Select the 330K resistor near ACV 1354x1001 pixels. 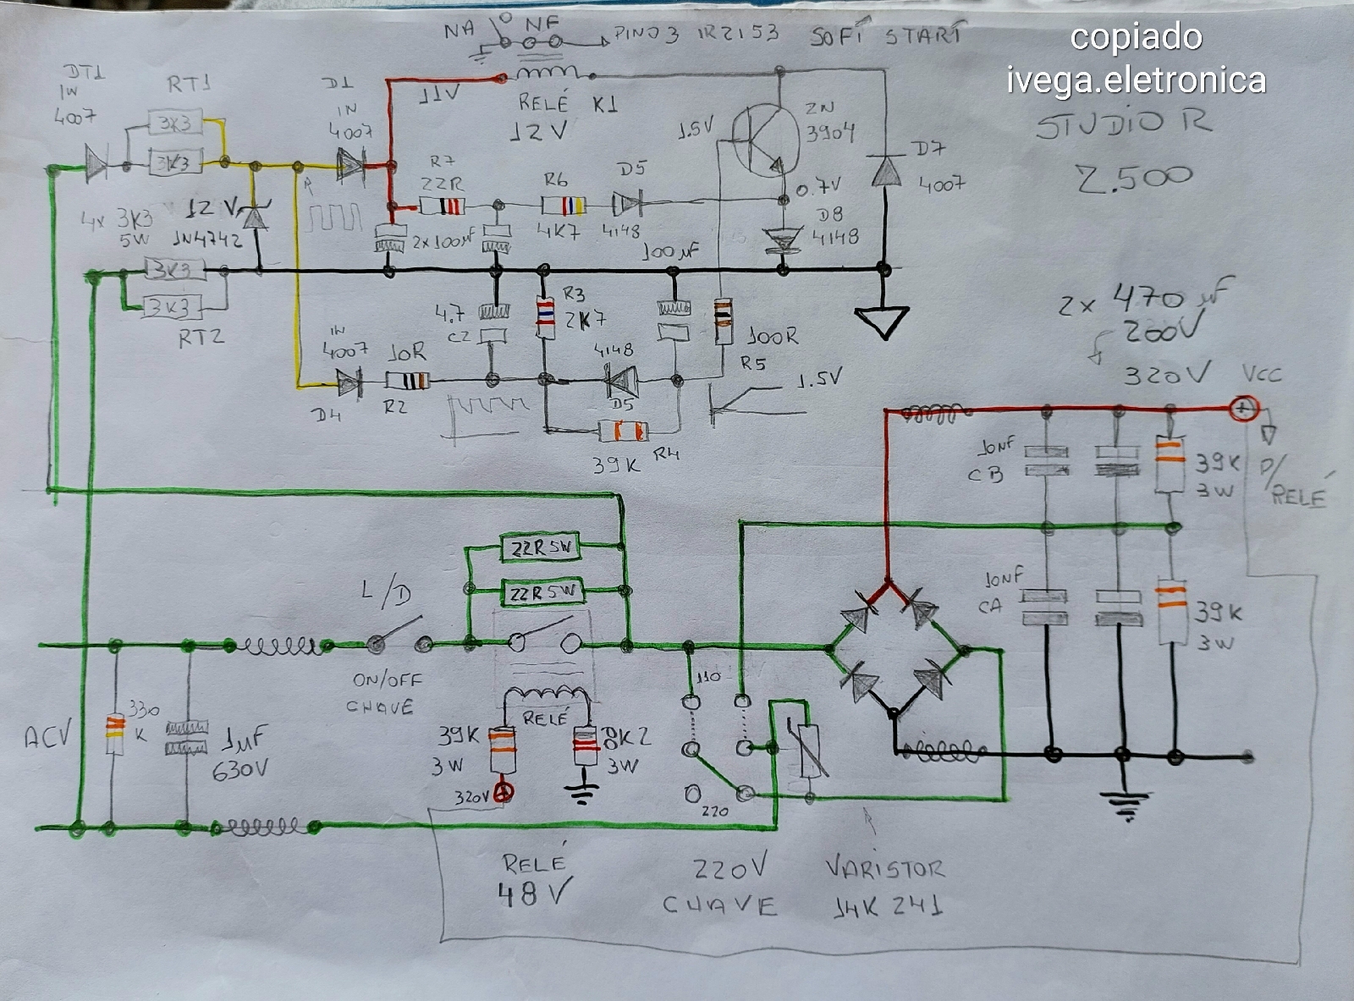[x=113, y=734]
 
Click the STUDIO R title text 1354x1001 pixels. [x=1124, y=125]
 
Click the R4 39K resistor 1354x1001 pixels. [x=625, y=431]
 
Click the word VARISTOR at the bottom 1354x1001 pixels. [x=883, y=869]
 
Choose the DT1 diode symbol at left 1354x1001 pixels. [x=96, y=163]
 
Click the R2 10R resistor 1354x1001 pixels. [x=408, y=380]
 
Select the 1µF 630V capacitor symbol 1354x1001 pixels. [x=186, y=737]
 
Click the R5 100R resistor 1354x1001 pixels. [x=722, y=322]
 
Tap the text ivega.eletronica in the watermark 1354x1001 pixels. [x=1136, y=80]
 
